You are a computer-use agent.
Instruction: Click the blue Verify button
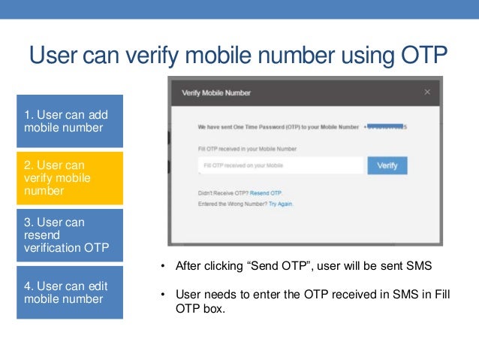(x=387, y=165)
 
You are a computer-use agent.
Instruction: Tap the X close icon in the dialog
(x=427, y=92)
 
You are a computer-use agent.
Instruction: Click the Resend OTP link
(x=266, y=193)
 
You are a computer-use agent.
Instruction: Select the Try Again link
(x=281, y=204)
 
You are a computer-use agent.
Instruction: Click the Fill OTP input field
(x=279, y=165)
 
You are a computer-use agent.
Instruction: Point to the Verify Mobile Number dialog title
(x=216, y=93)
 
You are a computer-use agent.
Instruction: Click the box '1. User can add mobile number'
(x=69, y=121)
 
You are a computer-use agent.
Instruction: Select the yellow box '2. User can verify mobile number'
(x=69, y=177)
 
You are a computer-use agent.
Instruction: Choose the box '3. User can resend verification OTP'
(x=69, y=235)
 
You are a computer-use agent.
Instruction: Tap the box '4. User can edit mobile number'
(x=69, y=292)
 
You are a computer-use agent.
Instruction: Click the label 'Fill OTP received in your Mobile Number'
(x=237, y=149)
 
